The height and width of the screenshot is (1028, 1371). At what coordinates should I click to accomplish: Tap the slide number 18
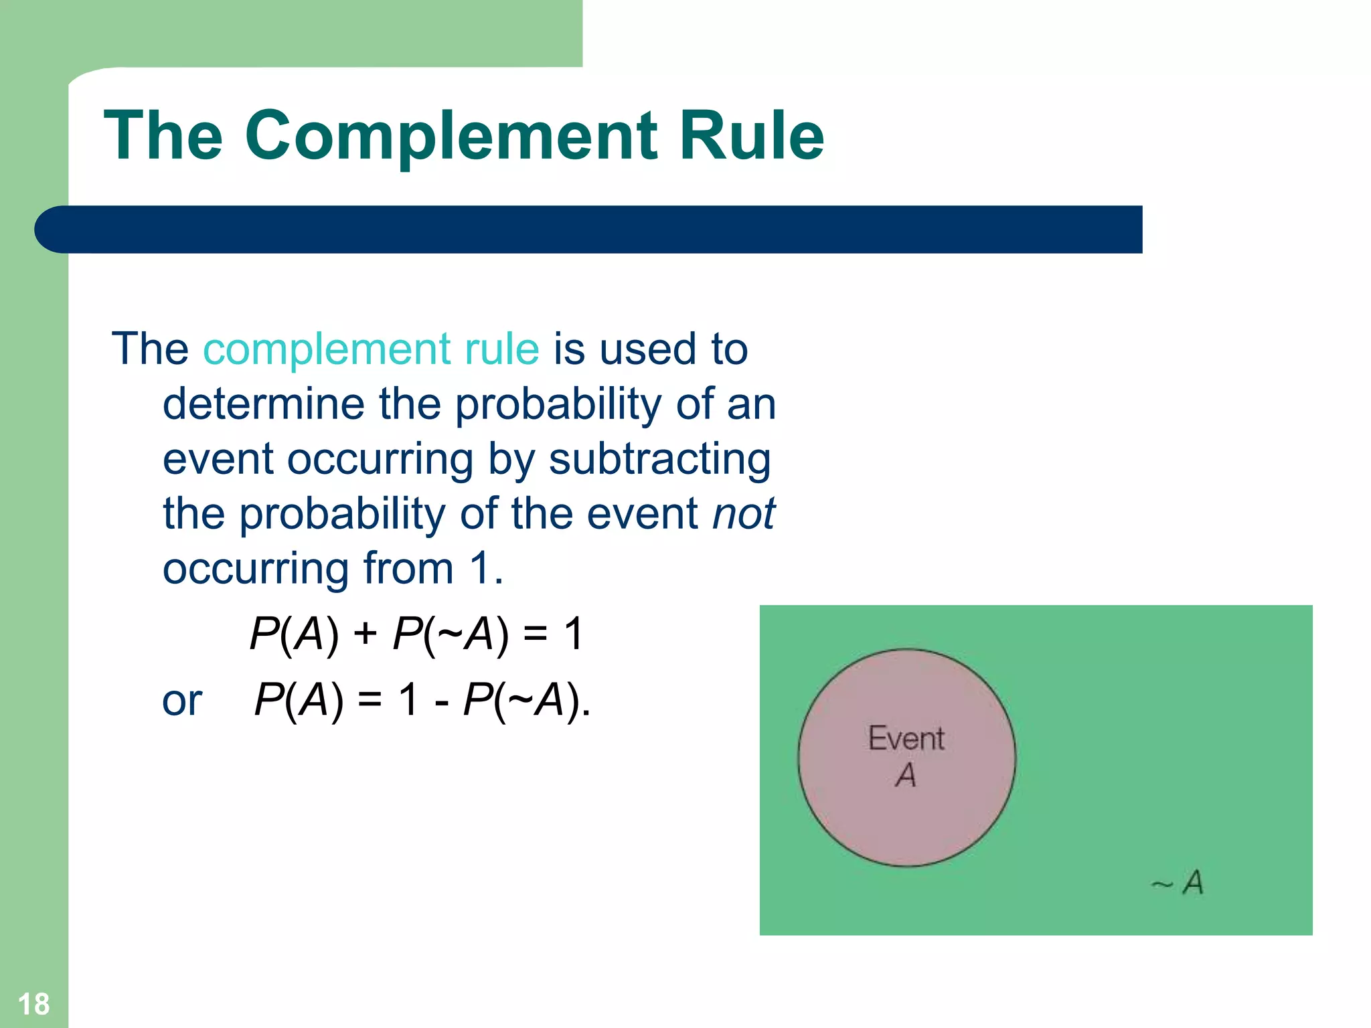[x=33, y=1004]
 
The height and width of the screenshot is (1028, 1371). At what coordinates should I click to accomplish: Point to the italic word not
[x=743, y=514]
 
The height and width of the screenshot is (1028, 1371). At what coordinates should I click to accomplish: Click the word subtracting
[x=659, y=460]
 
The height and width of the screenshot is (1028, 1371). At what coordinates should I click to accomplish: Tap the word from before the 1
[x=408, y=569]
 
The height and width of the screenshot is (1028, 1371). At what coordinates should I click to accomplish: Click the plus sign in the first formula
[x=366, y=633]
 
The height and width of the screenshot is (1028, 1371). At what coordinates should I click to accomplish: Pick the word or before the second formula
[x=182, y=701]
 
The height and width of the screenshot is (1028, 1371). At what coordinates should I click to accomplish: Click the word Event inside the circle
[x=906, y=739]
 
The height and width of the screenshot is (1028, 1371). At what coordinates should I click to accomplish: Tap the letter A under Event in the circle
[x=906, y=775]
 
